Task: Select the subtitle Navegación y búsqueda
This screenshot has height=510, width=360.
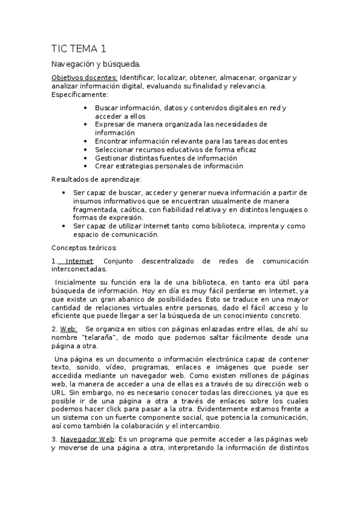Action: tap(96, 64)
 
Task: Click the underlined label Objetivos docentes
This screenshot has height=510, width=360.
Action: tap(84, 78)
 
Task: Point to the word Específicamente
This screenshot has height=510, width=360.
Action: tap(79, 94)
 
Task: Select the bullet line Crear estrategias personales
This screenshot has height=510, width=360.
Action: tap(168, 166)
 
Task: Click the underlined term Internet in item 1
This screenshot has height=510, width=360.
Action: tap(79, 261)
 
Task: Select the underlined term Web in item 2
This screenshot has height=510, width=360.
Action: tap(68, 329)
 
